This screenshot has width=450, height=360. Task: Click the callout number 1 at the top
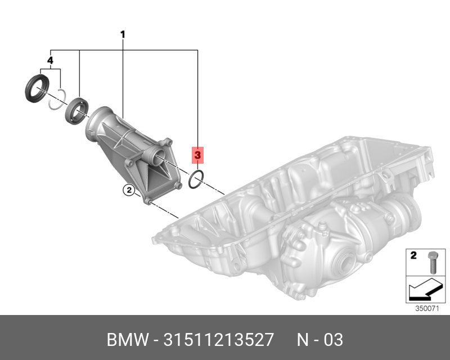123,35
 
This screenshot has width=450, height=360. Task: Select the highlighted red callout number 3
198,155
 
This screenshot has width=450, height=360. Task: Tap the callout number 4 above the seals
50,61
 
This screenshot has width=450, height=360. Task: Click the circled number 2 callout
129,190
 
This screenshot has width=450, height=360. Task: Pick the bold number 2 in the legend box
413,255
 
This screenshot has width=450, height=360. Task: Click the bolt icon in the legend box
433,262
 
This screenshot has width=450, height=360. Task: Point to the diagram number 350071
427,309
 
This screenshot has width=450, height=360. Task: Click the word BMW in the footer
128,340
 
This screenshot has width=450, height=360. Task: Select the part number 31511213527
218,340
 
